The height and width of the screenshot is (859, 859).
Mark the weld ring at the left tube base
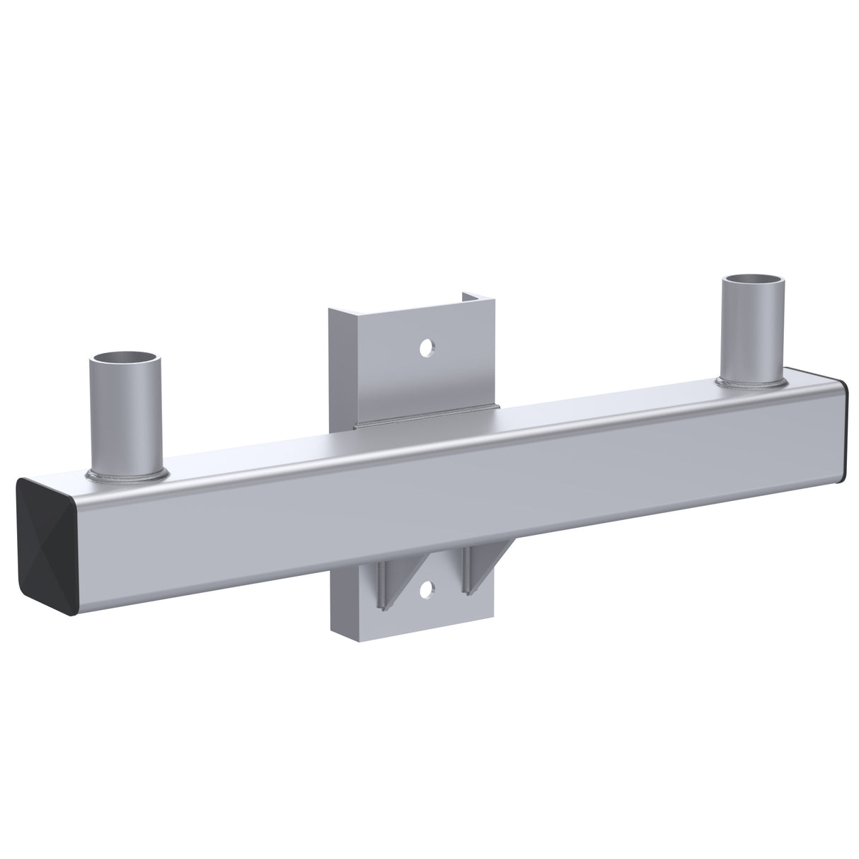click(127, 473)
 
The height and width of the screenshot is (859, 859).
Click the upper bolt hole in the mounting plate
click(426, 347)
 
